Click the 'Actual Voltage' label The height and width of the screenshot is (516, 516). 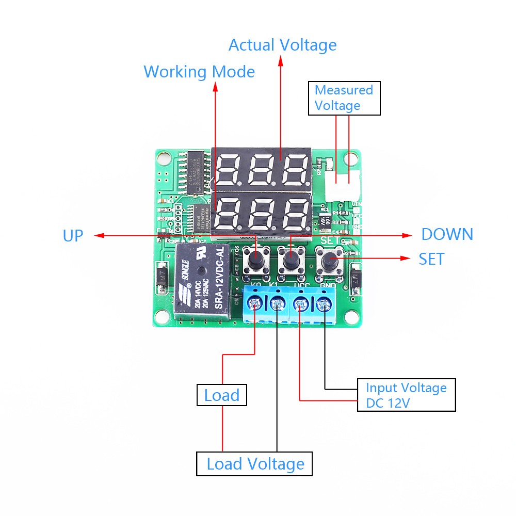pyautogui.click(x=282, y=45)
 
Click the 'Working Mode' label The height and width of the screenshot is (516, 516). pyautogui.click(x=199, y=72)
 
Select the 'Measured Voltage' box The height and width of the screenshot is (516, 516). pyautogui.click(x=344, y=98)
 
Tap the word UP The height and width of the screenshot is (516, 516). pyautogui.click(x=73, y=236)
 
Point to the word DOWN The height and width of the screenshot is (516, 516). pyautogui.click(x=447, y=234)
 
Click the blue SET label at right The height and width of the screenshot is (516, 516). pyautogui.click(x=431, y=259)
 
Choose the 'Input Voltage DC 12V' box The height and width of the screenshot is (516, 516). pyautogui.click(x=406, y=395)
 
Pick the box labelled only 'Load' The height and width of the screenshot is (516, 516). pyautogui.click(x=222, y=396)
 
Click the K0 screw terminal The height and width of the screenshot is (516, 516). pyautogui.click(x=255, y=305)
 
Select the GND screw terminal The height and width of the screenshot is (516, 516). pyautogui.click(x=324, y=305)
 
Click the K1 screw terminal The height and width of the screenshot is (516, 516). pyautogui.click(x=278, y=305)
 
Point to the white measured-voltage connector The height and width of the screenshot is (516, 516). pyautogui.click(x=342, y=185)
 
